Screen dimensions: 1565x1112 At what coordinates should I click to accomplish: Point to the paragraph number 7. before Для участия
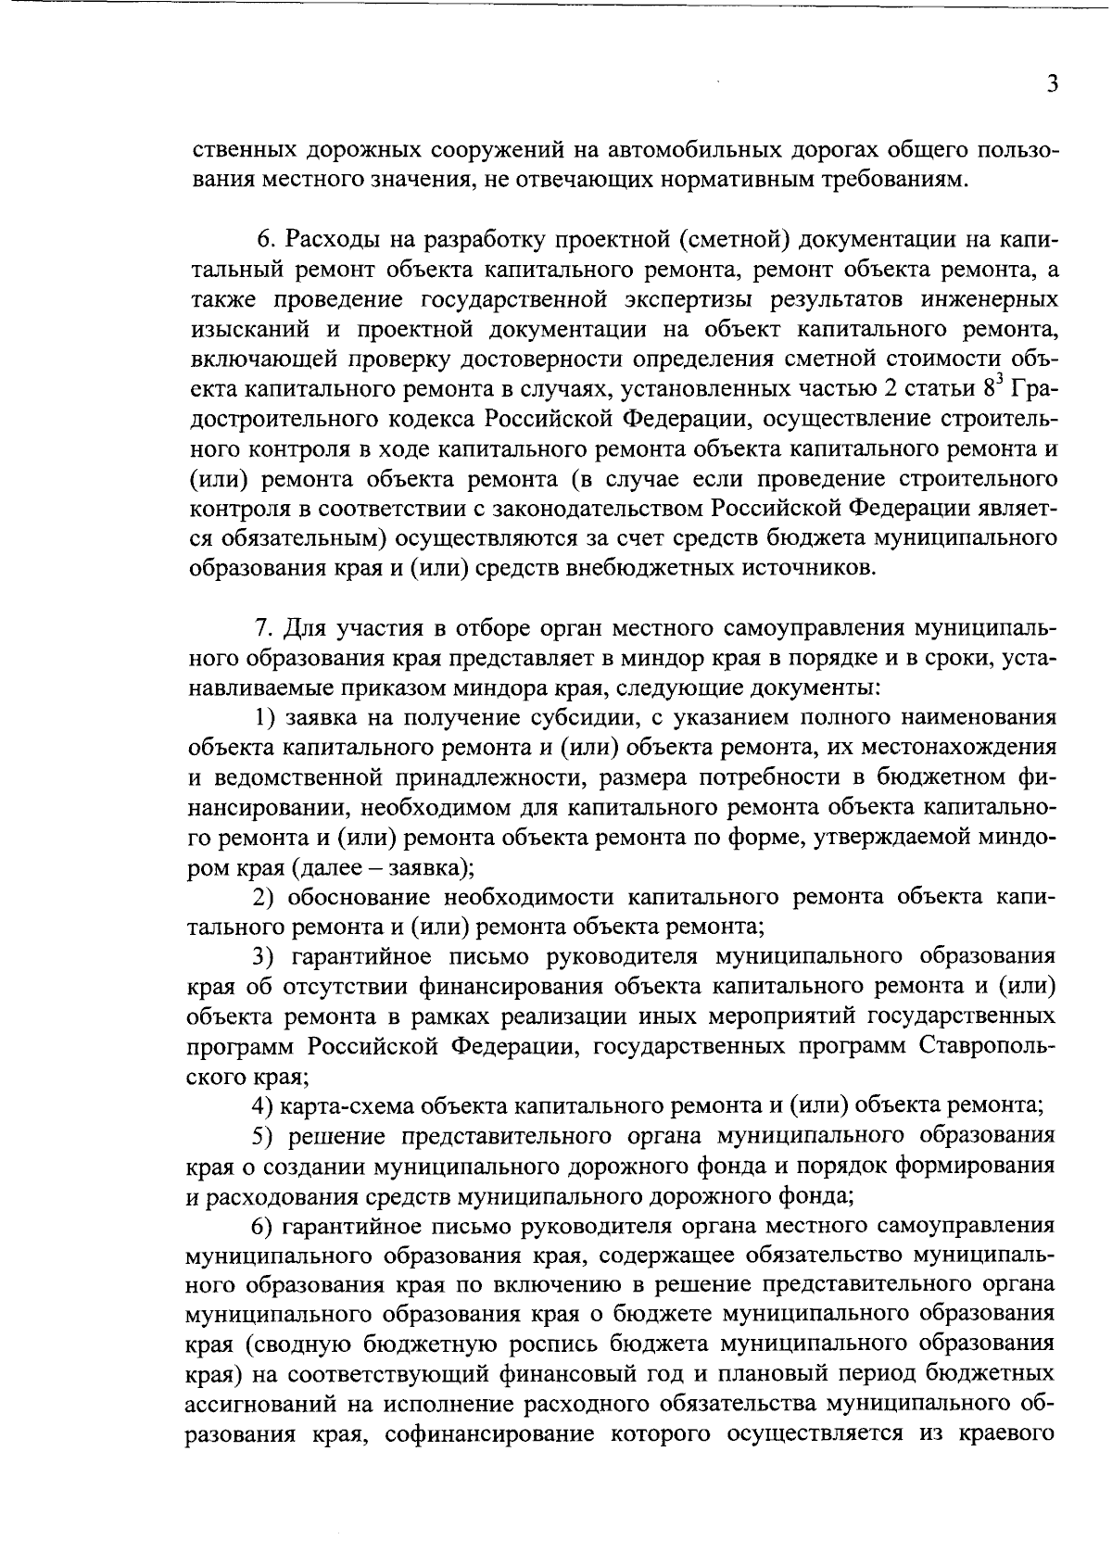(263, 628)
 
